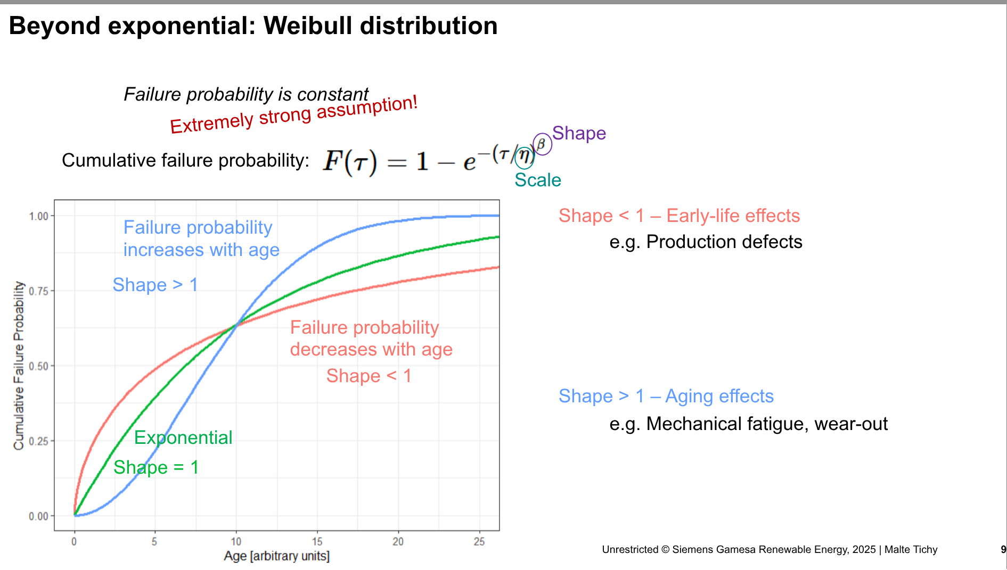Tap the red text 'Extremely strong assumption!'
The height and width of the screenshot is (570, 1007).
tap(293, 115)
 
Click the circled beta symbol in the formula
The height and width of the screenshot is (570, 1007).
tap(542, 144)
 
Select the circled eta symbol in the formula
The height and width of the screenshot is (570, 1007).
tap(525, 157)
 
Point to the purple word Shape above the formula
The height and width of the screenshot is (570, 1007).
tap(579, 133)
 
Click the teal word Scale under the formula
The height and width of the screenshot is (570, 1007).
tap(537, 180)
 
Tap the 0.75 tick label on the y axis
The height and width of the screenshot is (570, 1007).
tap(38, 291)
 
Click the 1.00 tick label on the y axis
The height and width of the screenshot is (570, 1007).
tap(38, 216)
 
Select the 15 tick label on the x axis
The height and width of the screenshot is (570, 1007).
tap(317, 542)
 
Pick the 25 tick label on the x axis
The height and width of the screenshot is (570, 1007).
tap(479, 542)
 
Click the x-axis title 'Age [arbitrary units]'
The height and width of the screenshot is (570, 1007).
tap(276, 556)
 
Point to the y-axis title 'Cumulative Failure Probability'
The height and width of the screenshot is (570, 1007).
tap(19, 365)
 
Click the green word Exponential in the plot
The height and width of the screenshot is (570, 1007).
tap(183, 437)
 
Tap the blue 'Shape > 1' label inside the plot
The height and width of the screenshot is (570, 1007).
tap(155, 285)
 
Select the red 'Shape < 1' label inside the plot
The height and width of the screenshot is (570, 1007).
tap(369, 376)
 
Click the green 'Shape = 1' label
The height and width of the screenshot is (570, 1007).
tap(156, 467)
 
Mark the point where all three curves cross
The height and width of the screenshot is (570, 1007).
tap(236, 325)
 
